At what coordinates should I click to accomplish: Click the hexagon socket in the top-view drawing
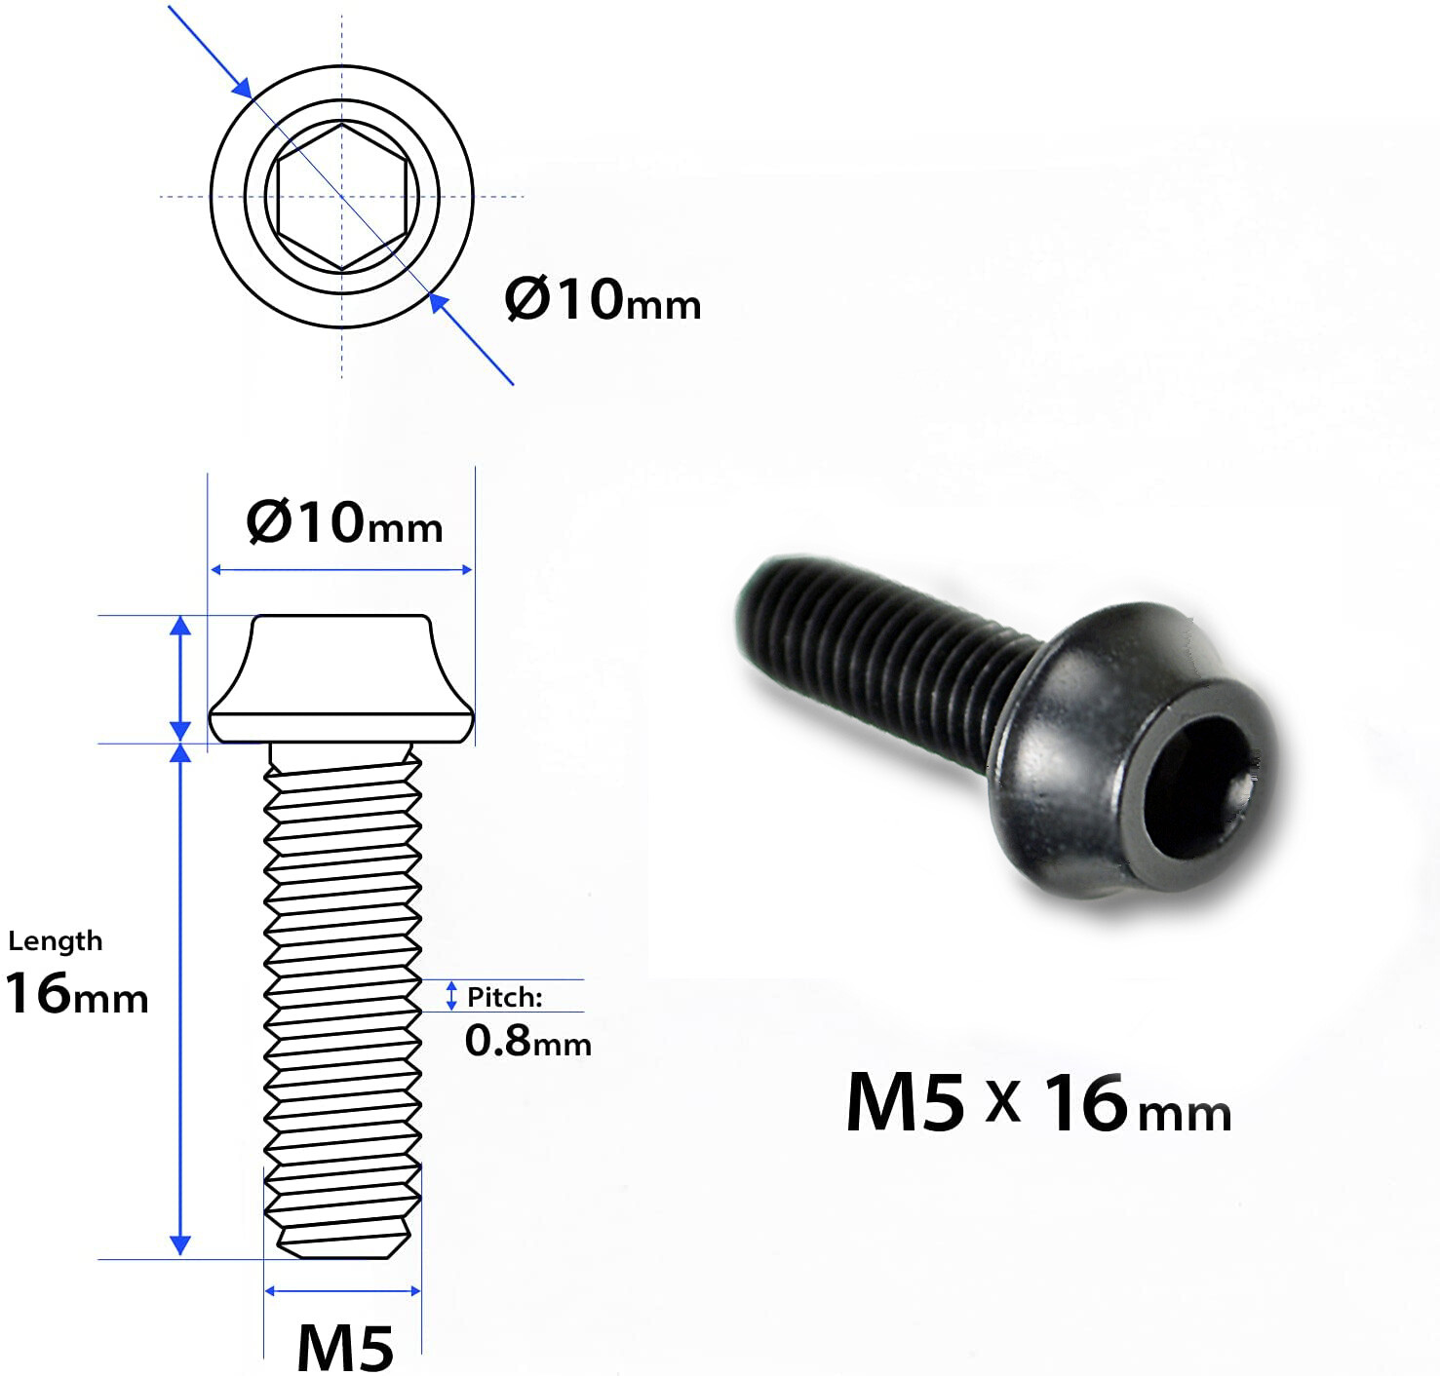341,197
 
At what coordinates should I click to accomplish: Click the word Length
56,941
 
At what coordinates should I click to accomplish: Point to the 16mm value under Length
76,994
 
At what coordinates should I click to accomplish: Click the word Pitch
504,997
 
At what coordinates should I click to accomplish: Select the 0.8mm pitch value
527,1041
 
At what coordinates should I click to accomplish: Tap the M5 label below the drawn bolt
344,1348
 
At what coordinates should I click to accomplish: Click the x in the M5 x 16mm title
1002,1102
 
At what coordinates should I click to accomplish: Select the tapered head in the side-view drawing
341,678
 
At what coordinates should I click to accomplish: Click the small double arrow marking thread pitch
450,996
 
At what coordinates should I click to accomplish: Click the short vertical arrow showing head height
180,678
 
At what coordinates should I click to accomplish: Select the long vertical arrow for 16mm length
180,1000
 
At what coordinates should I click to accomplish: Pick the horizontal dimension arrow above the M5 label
342,1291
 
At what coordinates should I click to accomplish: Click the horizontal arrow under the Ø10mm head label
341,570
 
